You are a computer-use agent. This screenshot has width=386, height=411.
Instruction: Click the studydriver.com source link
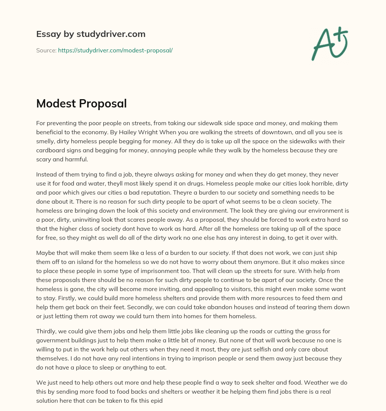[x=115, y=50]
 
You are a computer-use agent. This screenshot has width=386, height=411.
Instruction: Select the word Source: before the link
[x=46, y=50]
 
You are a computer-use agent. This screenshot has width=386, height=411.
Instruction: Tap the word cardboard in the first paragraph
[x=52, y=150]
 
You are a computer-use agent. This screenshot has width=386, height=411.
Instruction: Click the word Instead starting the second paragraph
[x=47, y=174]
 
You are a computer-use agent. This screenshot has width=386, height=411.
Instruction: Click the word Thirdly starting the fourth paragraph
[x=46, y=332]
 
